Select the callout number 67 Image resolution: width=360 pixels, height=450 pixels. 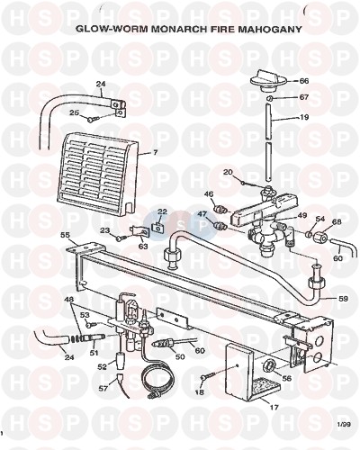pyautogui.click(x=304, y=97)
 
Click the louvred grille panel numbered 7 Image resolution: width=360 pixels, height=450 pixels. pyautogui.click(x=97, y=175)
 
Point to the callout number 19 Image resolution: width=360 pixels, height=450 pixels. pyautogui.click(x=304, y=117)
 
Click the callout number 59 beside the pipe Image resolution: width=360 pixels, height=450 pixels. pyautogui.click(x=343, y=299)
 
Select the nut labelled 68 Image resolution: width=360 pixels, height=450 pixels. pyautogui.click(x=319, y=238)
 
